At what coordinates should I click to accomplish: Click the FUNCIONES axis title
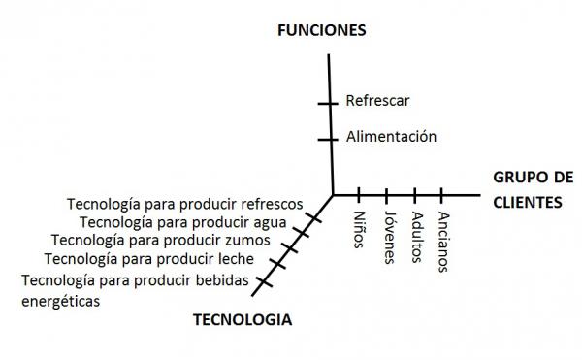pos(321,30)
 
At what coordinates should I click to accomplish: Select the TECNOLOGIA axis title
pos(242,319)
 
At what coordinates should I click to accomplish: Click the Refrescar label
pos(377,101)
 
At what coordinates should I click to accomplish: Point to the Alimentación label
pos(392,138)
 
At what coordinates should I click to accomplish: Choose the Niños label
pos(360,228)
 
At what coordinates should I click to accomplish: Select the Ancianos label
pos(443,240)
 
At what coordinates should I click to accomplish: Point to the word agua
pos(268,221)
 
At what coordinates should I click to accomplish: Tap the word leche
pos(235,259)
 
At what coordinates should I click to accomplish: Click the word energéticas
pos(61,301)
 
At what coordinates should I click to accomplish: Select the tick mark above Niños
pos(360,194)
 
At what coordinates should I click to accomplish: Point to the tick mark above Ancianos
pos(443,194)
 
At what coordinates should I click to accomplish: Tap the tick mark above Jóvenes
pos(387,194)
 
